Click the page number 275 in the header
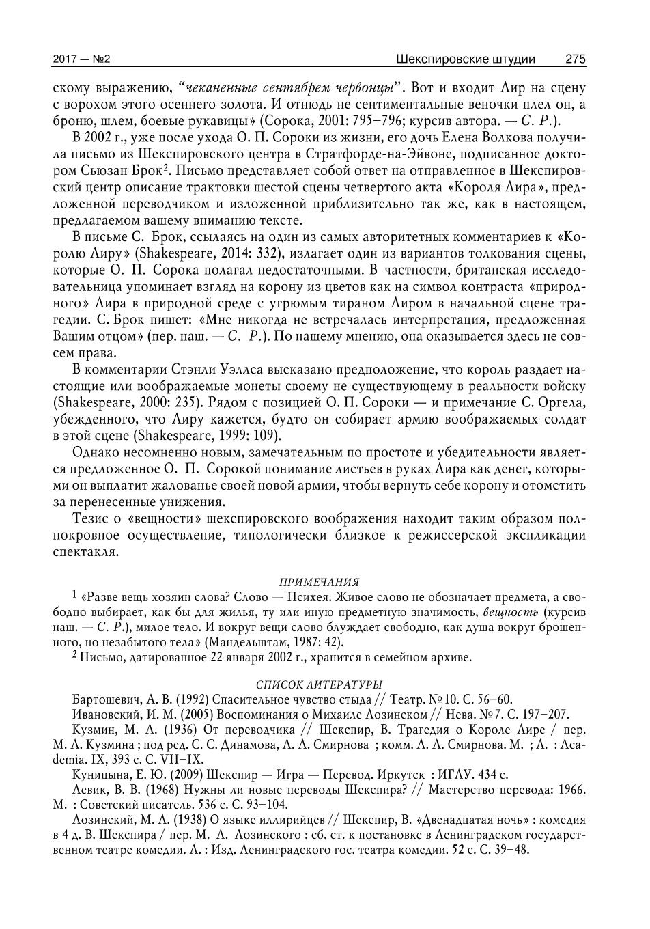[x=575, y=59]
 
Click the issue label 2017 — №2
[x=81, y=59]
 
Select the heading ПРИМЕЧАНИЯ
[x=319, y=582]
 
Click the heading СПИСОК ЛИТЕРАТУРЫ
[x=319, y=684]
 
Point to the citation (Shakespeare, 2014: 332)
[x=206, y=254]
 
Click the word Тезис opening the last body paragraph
[x=89, y=519]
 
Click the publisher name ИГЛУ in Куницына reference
[x=460, y=775]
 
